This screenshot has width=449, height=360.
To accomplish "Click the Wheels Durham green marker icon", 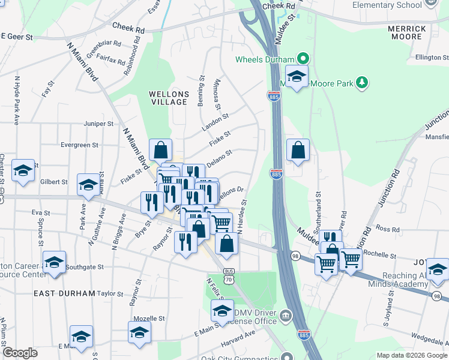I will point(304,59).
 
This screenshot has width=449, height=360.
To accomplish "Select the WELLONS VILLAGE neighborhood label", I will point(169,98).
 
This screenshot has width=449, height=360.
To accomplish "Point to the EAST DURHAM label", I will point(64,293).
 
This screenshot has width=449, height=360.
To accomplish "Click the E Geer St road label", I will point(17,37).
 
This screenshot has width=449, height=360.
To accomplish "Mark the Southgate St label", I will point(85,266).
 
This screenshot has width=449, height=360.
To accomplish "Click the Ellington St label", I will point(432,58).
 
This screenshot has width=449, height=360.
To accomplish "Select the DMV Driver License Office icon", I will point(286,315).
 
